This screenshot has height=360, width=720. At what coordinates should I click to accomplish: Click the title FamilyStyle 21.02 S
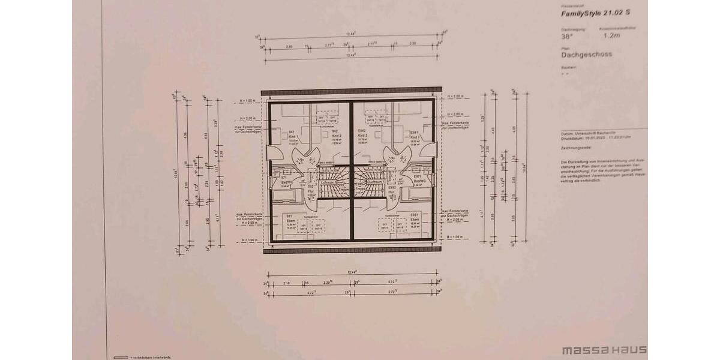pyautogui.click(x=596, y=13)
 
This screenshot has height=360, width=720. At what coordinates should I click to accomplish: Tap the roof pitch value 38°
pyautogui.click(x=566, y=35)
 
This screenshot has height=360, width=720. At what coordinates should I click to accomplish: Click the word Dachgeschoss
pyautogui.click(x=586, y=54)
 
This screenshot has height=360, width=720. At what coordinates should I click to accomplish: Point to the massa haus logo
pyautogui.click(x=604, y=349)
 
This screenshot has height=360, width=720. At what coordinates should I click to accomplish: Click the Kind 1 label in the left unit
pyautogui.click(x=293, y=136)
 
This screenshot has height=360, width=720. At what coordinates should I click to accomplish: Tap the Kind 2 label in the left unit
pyautogui.click(x=335, y=136)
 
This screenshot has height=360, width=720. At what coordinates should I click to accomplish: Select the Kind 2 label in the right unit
pyautogui.click(x=363, y=136)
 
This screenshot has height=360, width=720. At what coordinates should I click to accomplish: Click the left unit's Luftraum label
pyautogui.click(x=327, y=181)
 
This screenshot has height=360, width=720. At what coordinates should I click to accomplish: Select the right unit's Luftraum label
pyautogui.click(x=376, y=181)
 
